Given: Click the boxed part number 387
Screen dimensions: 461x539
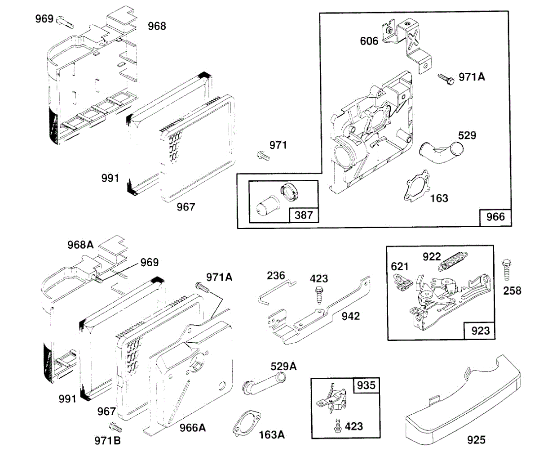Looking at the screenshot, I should point(304,215).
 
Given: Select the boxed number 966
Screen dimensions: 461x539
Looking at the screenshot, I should point(495,217).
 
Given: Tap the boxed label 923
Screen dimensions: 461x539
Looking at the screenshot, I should point(480,331).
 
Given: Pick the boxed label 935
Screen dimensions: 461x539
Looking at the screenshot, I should point(366,385).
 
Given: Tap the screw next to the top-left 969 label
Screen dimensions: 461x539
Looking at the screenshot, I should point(66,21).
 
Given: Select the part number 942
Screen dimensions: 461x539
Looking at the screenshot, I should point(350,316).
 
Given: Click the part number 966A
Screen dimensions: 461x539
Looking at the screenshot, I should point(192,428).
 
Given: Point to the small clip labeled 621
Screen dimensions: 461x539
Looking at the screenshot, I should point(401,282).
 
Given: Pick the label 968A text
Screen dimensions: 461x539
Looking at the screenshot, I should point(81,246).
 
